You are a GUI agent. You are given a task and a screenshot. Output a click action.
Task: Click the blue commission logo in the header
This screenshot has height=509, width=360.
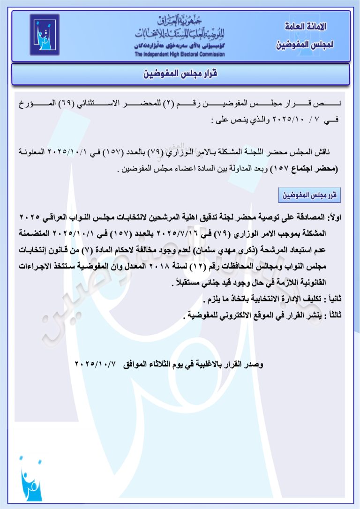(45, 35)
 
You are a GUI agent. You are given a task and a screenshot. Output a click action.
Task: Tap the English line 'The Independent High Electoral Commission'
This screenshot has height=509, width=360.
(180, 54)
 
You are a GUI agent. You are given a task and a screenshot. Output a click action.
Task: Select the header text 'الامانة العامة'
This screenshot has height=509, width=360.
(306, 27)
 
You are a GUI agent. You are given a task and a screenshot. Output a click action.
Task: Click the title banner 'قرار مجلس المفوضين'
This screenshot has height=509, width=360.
(180, 74)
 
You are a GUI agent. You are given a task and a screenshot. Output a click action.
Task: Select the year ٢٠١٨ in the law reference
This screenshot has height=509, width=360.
(168, 266)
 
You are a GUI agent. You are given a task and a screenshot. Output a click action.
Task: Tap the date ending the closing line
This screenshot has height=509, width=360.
(97, 364)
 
